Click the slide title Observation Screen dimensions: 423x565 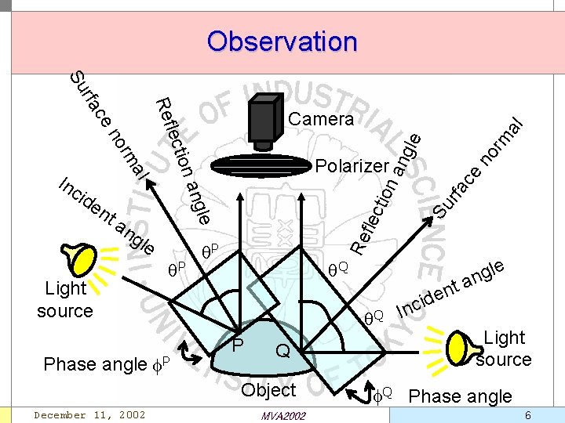pos(282,41)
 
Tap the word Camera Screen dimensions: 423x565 pos(321,119)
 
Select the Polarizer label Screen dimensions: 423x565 pos(352,166)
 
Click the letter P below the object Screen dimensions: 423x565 pos(238,345)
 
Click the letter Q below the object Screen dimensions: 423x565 pos(283,354)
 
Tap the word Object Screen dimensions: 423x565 pos(269,389)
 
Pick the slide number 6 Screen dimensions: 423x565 pos(527,414)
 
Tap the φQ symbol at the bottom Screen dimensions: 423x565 pos(382,389)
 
